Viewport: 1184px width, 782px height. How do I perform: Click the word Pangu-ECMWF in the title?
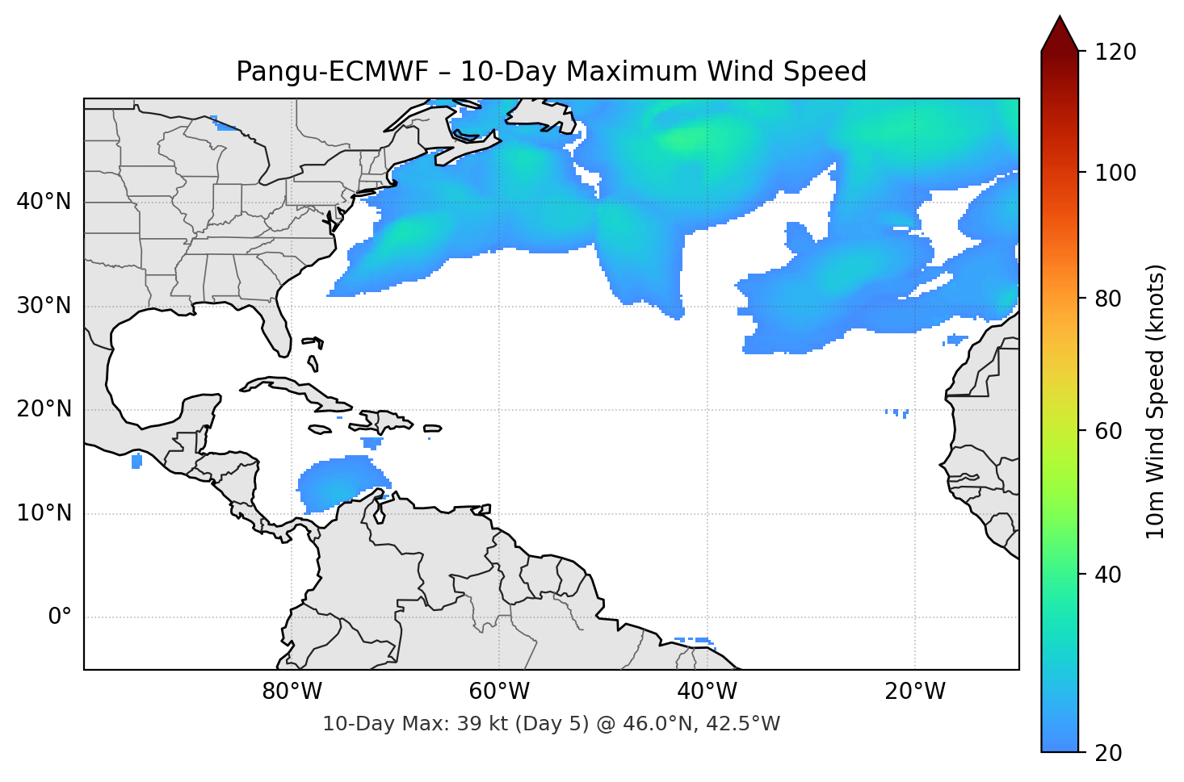coord(332,72)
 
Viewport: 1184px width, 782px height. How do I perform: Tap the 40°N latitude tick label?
coord(44,202)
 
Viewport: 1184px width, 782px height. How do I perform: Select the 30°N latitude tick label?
coord(44,306)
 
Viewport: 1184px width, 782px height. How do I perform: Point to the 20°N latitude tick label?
coord(44,409)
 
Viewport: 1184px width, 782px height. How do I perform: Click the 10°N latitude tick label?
coord(44,513)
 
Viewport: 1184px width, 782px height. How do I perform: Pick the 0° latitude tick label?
coord(60,617)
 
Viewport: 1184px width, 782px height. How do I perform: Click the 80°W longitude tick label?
coord(292,692)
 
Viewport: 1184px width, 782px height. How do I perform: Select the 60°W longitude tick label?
coord(499,692)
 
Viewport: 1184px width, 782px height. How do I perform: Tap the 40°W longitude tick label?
coord(707,692)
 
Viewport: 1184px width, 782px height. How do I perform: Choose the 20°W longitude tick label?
coord(915,692)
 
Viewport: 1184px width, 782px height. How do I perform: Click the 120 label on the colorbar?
coord(1115,52)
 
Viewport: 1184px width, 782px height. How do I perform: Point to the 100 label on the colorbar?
coord(1115,173)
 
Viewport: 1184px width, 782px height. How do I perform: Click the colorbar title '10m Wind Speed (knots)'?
coord(1156,402)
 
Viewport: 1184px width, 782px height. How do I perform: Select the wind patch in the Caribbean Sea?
coord(339,483)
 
